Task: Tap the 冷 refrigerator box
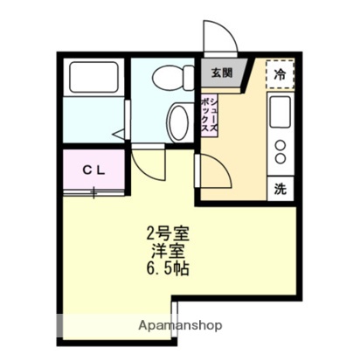pyautogui.click(x=281, y=73)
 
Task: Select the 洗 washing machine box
pyautogui.click(x=280, y=187)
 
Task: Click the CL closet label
pyautogui.click(x=94, y=170)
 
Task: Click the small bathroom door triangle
pyautogui.click(x=120, y=134)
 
